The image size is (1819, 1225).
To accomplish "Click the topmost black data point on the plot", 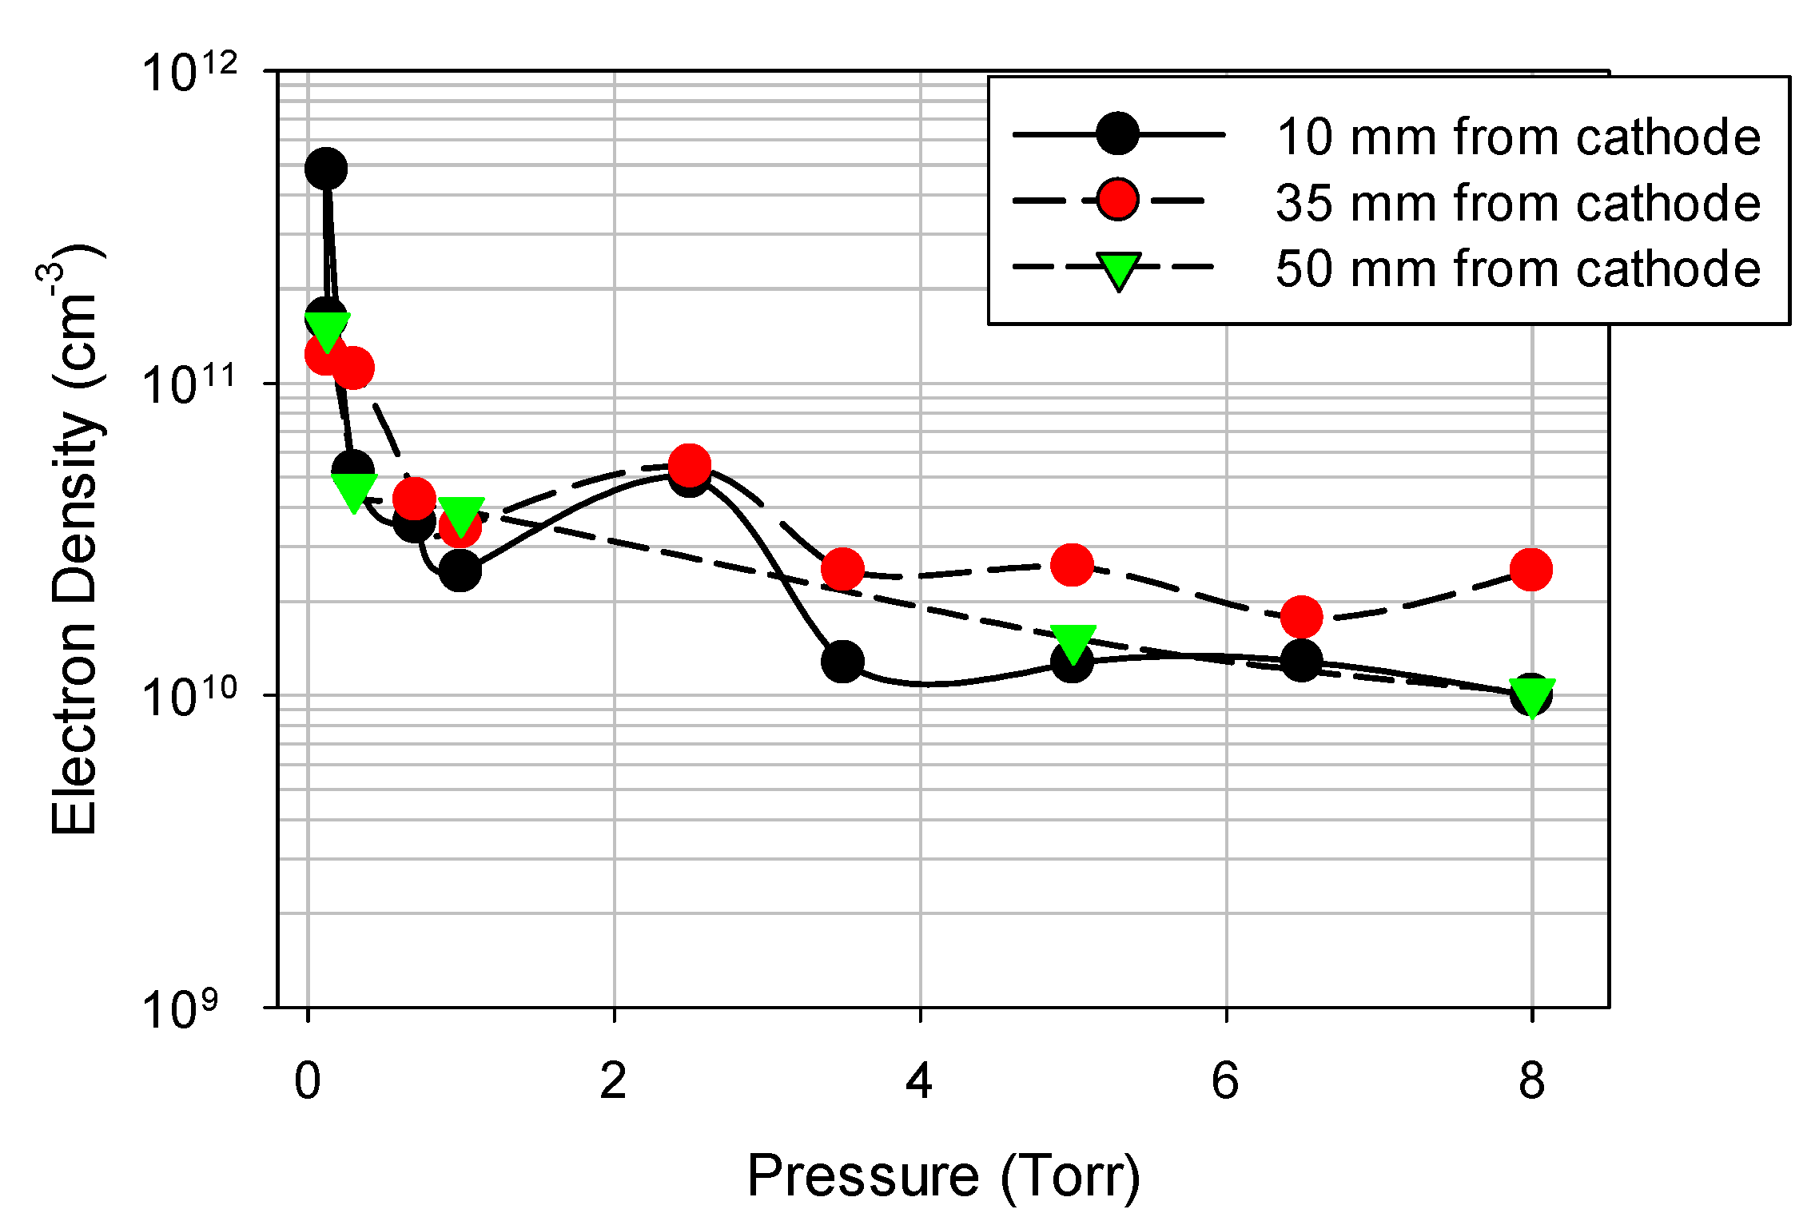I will coord(326,169).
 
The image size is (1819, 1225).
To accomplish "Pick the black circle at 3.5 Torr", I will coord(842,662).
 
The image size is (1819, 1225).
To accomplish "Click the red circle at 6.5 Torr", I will coord(1301,617).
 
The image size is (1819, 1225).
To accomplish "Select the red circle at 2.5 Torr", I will coord(689,464).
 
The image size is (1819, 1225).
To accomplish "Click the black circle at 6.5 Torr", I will coord(1301,661).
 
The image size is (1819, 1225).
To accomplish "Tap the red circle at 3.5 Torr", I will coord(842,569).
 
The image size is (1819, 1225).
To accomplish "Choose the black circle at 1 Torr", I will coord(460,571).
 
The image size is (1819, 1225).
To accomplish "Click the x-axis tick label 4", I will coord(919,1080).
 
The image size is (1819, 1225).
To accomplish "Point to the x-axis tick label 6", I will coord(1225,1080).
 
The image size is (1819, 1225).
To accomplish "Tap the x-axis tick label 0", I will coord(308,1080).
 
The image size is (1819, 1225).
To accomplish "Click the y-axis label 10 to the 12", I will coord(189,73).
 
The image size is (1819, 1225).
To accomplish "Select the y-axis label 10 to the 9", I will coord(180,1009).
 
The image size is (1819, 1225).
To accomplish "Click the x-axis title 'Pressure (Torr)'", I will coord(943,1176).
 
